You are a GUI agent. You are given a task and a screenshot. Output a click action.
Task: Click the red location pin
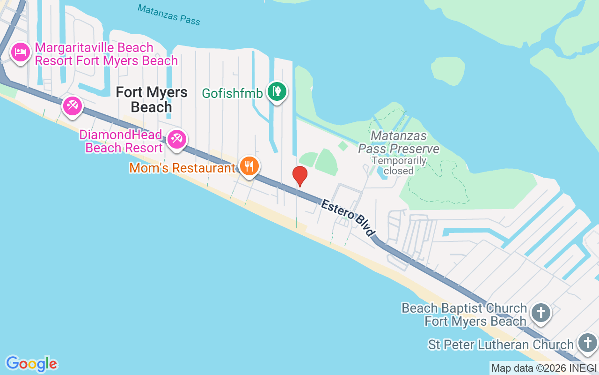[x=299, y=176]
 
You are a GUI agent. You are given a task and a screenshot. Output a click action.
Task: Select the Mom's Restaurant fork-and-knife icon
[x=249, y=165]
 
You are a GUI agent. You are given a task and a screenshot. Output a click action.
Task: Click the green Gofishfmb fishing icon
[x=277, y=91]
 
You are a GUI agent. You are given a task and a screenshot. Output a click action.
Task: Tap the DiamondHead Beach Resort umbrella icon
[x=177, y=139]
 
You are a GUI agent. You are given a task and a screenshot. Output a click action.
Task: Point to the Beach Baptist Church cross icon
[x=541, y=312]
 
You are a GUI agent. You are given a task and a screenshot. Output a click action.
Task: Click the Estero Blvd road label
[x=348, y=218]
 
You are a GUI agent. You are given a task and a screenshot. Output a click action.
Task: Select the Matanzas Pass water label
[x=169, y=15]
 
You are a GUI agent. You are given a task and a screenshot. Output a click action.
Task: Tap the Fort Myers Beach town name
[x=152, y=99]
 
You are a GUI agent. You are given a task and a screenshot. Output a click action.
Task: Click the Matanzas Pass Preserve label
[x=399, y=142]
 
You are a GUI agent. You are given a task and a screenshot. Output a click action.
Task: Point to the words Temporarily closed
[x=399, y=165]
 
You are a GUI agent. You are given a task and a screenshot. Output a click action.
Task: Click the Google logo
[x=31, y=364]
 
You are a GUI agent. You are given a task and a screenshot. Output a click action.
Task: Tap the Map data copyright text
[x=544, y=368]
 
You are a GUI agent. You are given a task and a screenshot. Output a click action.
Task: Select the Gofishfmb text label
[x=232, y=93]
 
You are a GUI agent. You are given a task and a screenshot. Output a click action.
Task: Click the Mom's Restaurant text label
[x=182, y=168]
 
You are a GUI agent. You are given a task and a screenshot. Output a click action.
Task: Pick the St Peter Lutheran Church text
[x=500, y=345]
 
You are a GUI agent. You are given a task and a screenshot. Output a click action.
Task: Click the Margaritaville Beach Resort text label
[x=106, y=54]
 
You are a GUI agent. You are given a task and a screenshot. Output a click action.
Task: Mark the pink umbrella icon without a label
[x=72, y=106]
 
